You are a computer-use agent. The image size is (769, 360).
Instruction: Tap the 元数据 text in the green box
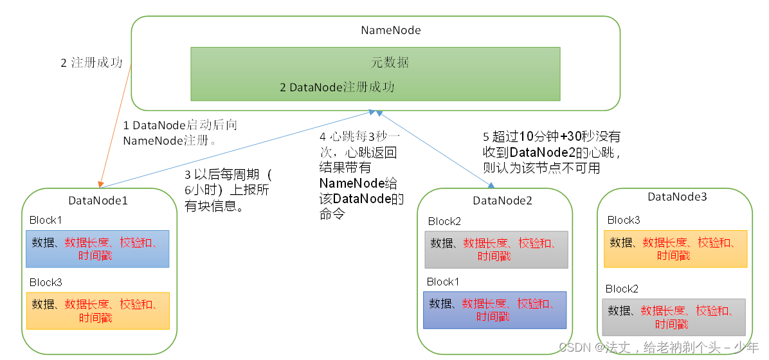point(390,62)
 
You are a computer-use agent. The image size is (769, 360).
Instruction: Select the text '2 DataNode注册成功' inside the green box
point(337,87)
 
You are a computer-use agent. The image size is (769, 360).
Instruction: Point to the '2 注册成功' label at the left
point(91,63)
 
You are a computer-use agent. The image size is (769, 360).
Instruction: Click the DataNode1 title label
point(98,200)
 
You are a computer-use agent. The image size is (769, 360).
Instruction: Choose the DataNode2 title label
point(502,201)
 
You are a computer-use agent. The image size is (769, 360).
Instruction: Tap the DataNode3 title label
point(677,197)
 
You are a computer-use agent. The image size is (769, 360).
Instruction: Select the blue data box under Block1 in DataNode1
point(97,249)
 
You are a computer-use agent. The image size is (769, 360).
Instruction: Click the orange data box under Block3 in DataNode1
point(97,311)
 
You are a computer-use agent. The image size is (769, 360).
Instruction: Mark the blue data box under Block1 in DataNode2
point(494,310)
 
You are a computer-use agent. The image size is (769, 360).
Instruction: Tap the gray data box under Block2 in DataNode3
point(673,317)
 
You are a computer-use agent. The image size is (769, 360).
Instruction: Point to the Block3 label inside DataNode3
point(624,220)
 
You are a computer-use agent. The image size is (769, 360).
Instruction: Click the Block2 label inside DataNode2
point(444,221)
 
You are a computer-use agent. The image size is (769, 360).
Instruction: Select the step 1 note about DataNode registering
point(179,132)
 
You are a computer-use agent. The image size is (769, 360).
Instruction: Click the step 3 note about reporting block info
point(229,190)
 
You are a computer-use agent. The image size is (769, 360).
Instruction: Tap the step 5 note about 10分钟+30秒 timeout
point(551,152)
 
